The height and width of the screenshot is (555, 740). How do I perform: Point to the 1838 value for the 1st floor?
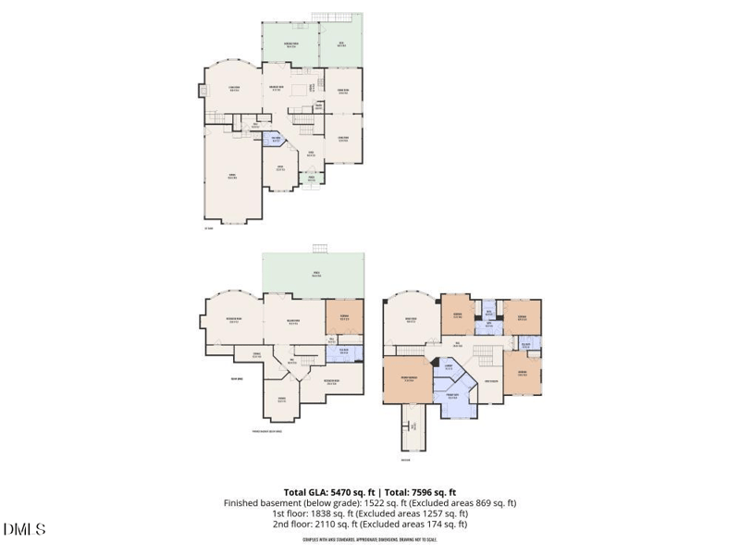coord(312,513)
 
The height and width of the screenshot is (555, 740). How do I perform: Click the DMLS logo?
coord(25,530)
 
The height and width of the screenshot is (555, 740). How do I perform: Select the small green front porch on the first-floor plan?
coord(312,179)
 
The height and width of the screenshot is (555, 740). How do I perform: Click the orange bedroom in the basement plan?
coord(344,317)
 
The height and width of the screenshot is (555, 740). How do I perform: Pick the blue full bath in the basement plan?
coord(344,351)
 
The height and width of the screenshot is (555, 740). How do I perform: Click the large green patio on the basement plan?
coord(314,275)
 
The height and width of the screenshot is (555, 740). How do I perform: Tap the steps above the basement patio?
coord(320,247)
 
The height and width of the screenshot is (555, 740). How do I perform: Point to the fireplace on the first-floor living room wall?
coord(201,91)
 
